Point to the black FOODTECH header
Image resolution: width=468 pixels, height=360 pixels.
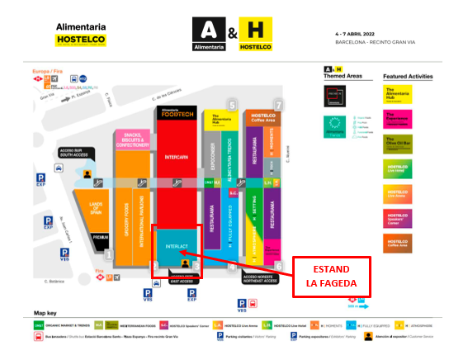(x=177, y=116)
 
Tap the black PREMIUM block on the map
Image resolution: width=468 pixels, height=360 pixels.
(x=101, y=238)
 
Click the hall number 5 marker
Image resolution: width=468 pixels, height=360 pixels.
(x=232, y=105)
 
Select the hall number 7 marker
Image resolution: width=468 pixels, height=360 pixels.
(x=280, y=105)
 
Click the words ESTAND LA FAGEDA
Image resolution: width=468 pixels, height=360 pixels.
(x=330, y=276)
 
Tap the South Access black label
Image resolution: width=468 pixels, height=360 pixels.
(x=74, y=152)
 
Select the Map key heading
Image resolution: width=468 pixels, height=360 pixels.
(x=47, y=314)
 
